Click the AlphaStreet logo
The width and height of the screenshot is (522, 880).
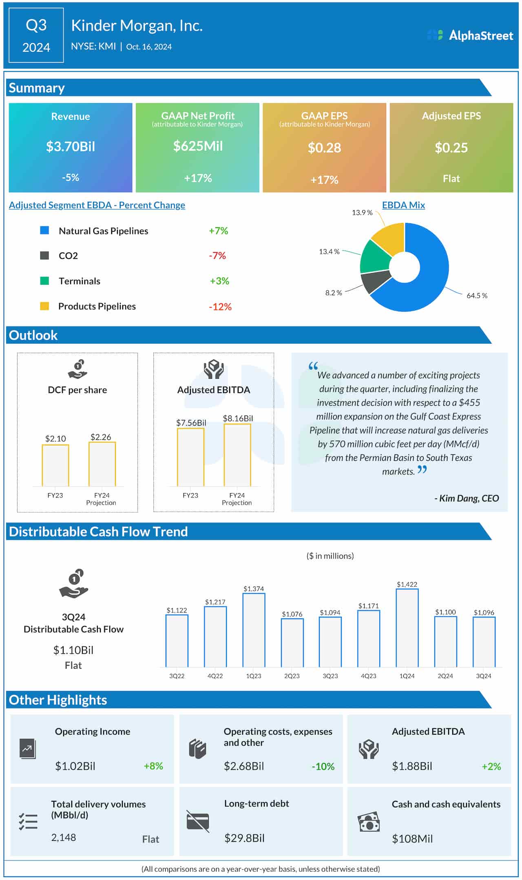pyautogui.click(x=470, y=36)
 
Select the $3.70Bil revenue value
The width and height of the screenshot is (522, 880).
pyautogui.click(x=71, y=147)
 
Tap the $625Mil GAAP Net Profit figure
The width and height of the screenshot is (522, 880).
pyautogui.click(x=198, y=146)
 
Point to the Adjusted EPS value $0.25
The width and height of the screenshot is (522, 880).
pyautogui.click(x=451, y=148)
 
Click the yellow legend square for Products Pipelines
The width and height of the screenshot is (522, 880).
pyautogui.click(x=44, y=306)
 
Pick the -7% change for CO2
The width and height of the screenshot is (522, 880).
pyautogui.click(x=217, y=256)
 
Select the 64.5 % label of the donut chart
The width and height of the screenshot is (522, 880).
pyautogui.click(x=476, y=296)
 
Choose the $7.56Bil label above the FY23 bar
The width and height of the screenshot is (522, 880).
pyautogui.click(x=191, y=423)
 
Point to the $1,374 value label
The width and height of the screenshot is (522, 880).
pyautogui.click(x=254, y=589)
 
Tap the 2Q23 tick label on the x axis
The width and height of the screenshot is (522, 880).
pyautogui.click(x=292, y=676)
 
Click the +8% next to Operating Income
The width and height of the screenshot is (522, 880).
pyautogui.click(x=153, y=766)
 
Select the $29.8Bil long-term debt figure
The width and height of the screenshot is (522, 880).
pyautogui.click(x=244, y=838)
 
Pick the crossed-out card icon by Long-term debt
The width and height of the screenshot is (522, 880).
pyautogui.click(x=198, y=821)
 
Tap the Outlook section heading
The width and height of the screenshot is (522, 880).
pyautogui.click(x=33, y=335)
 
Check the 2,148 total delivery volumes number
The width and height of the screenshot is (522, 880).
pyautogui.click(x=64, y=838)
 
